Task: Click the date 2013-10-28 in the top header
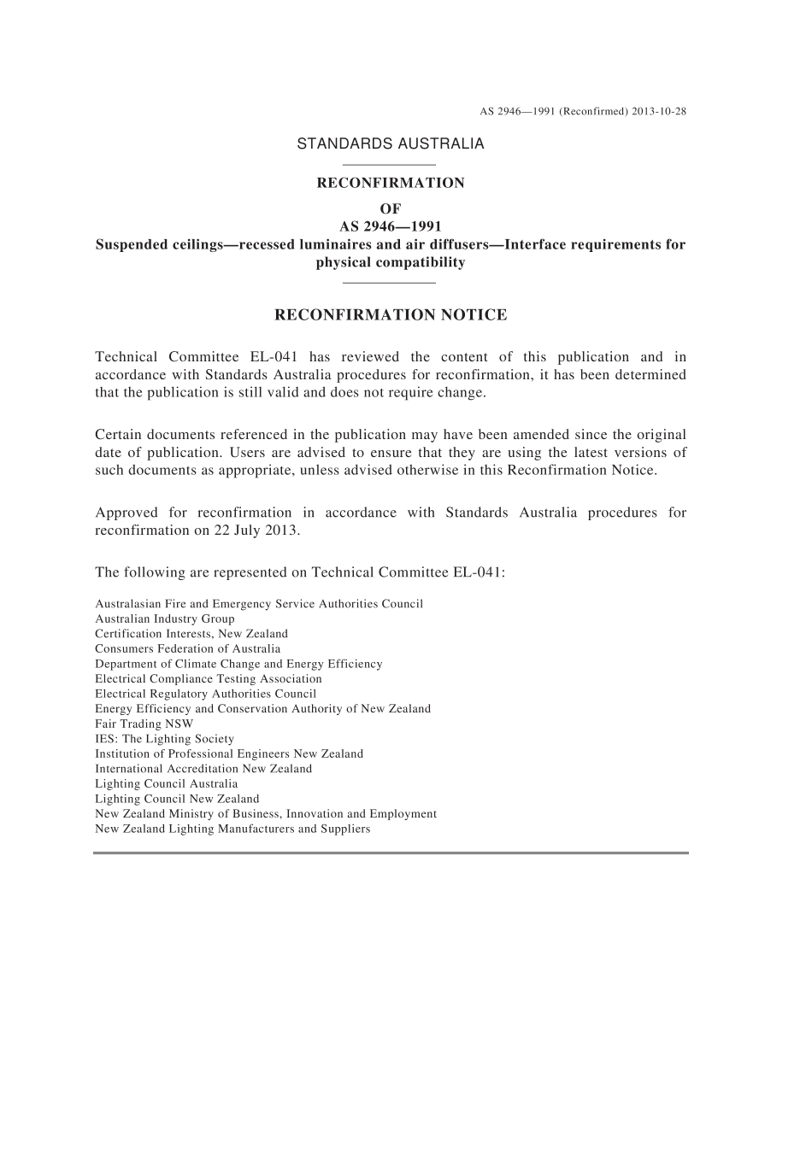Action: pos(659,111)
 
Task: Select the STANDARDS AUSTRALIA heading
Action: pos(390,144)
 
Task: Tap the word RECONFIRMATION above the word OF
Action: pos(391,183)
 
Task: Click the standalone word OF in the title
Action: pos(391,208)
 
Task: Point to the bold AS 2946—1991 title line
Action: pos(391,226)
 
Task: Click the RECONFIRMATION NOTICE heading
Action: pos(391,315)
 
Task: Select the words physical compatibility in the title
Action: pos(391,263)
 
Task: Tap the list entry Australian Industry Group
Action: pos(165,618)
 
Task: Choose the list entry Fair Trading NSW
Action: pos(144,724)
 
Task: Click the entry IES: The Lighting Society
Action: pos(164,739)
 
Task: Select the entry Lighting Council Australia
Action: pos(167,783)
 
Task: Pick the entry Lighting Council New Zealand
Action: pos(177,799)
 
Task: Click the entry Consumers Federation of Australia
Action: pos(187,648)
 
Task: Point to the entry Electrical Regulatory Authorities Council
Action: pos(205,694)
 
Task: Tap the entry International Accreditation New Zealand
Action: pos(203,769)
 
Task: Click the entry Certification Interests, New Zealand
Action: pos(191,634)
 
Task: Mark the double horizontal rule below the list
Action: pos(391,853)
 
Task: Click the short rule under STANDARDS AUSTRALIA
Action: pos(389,165)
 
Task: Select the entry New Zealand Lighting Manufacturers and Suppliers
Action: pos(232,829)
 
